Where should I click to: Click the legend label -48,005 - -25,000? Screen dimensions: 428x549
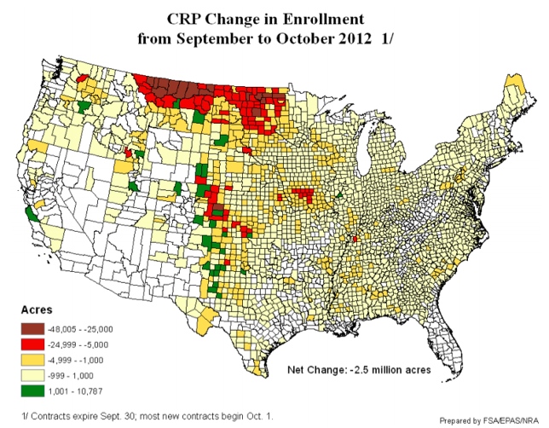(88, 328)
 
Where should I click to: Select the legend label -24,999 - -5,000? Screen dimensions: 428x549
(85, 344)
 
